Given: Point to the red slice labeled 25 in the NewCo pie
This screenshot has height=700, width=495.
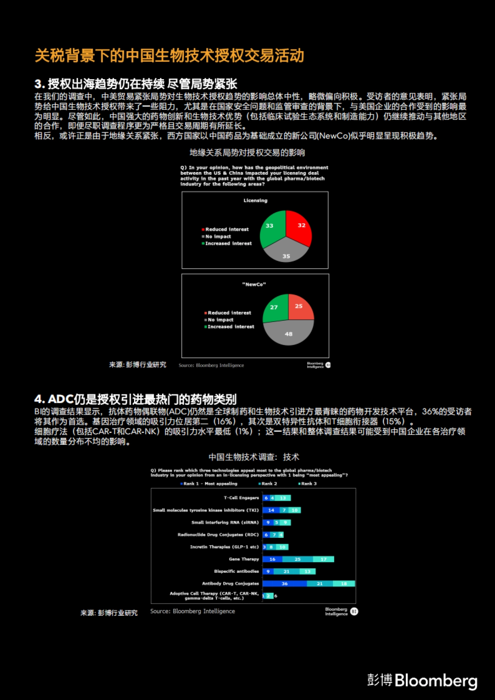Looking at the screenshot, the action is (x=300, y=307).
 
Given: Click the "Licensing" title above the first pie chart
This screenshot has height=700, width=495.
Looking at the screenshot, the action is (x=255, y=201).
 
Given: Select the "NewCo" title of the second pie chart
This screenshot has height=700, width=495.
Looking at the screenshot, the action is (x=254, y=284).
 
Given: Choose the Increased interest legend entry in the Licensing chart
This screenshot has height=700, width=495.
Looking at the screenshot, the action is (x=228, y=244).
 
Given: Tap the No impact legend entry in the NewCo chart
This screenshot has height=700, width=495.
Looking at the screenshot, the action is (x=220, y=320).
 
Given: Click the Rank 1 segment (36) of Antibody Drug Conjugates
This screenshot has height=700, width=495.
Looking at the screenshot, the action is (x=285, y=584).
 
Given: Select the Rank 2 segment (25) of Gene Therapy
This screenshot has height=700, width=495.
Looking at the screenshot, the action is (x=297, y=559).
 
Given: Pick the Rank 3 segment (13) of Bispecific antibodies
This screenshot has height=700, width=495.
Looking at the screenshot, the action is (x=308, y=572).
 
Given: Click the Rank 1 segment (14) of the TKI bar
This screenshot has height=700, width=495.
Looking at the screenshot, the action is (x=271, y=510).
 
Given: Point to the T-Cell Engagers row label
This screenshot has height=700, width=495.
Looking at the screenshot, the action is (x=241, y=498).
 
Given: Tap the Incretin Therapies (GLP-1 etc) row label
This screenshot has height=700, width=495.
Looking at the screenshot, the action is (x=224, y=547).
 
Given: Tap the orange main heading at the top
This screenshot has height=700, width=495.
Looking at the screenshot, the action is (x=169, y=56).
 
